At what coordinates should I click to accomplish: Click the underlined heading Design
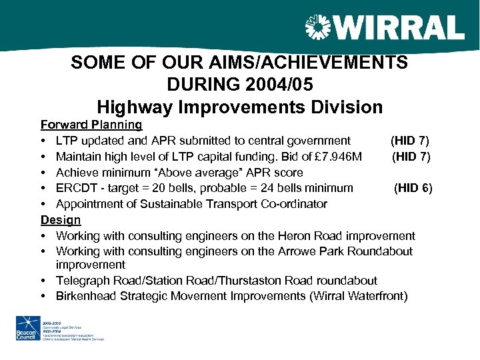[x=61, y=220]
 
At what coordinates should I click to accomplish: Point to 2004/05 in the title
[x=277, y=85]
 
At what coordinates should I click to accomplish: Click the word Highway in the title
[x=131, y=107]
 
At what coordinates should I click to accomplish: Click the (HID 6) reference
[x=413, y=188]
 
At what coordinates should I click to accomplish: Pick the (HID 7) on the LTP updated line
[x=410, y=141]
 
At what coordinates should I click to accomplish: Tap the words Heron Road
[x=289, y=236]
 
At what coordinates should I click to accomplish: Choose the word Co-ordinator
[x=299, y=204]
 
